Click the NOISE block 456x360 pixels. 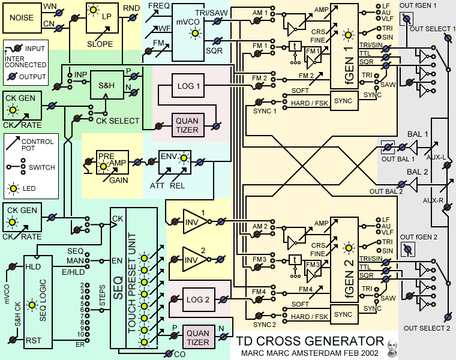click(22, 19)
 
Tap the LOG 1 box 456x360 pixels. click(188, 86)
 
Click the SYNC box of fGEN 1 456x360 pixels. click(343, 101)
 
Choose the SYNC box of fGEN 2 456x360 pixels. click(343, 314)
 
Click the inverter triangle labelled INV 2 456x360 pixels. click(193, 259)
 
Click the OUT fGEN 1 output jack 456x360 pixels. click(406, 19)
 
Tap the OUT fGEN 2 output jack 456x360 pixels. click(407, 248)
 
